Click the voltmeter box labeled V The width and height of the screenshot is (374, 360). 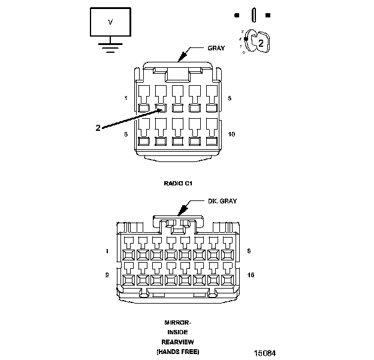click(110, 23)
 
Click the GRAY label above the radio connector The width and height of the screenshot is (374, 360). click(215, 48)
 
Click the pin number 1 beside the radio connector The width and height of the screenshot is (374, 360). click(126, 97)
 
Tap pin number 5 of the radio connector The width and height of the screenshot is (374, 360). click(230, 97)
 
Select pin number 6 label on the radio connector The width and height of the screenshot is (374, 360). click(126, 134)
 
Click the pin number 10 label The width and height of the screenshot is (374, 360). click(232, 134)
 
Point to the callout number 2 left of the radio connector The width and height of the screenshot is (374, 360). click(98, 128)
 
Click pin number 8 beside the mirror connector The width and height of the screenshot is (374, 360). click(249, 251)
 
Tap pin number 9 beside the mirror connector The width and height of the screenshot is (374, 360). click(107, 274)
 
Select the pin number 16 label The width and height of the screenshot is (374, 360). click(251, 274)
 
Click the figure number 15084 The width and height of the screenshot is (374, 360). click(264, 353)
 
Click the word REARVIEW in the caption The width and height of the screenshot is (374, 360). click(177, 341)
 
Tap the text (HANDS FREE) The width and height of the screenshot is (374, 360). click(177, 351)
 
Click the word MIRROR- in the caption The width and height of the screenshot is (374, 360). click(177, 322)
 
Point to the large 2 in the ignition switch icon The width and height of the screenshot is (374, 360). click(261, 41)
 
